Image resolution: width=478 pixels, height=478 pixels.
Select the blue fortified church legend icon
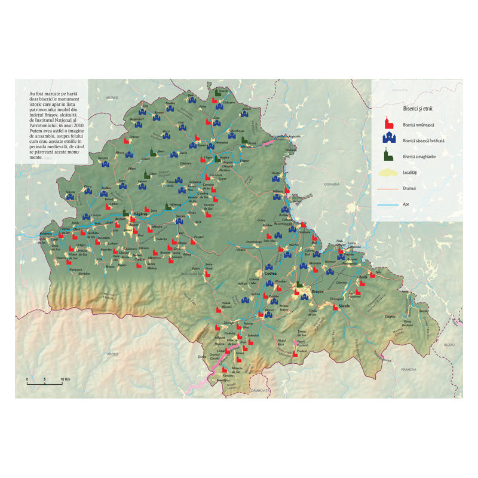388,139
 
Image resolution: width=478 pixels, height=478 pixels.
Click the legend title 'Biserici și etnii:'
418,108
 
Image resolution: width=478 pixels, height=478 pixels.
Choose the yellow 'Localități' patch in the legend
388,172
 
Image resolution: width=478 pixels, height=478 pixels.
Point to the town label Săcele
344,305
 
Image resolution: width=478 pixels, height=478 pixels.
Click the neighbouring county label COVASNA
332,185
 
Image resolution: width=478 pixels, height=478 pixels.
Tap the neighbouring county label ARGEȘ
112,354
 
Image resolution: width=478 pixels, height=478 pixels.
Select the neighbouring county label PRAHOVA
409,369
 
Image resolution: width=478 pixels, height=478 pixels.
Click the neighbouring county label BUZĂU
449,345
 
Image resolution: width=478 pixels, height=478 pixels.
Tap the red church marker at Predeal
295,354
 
